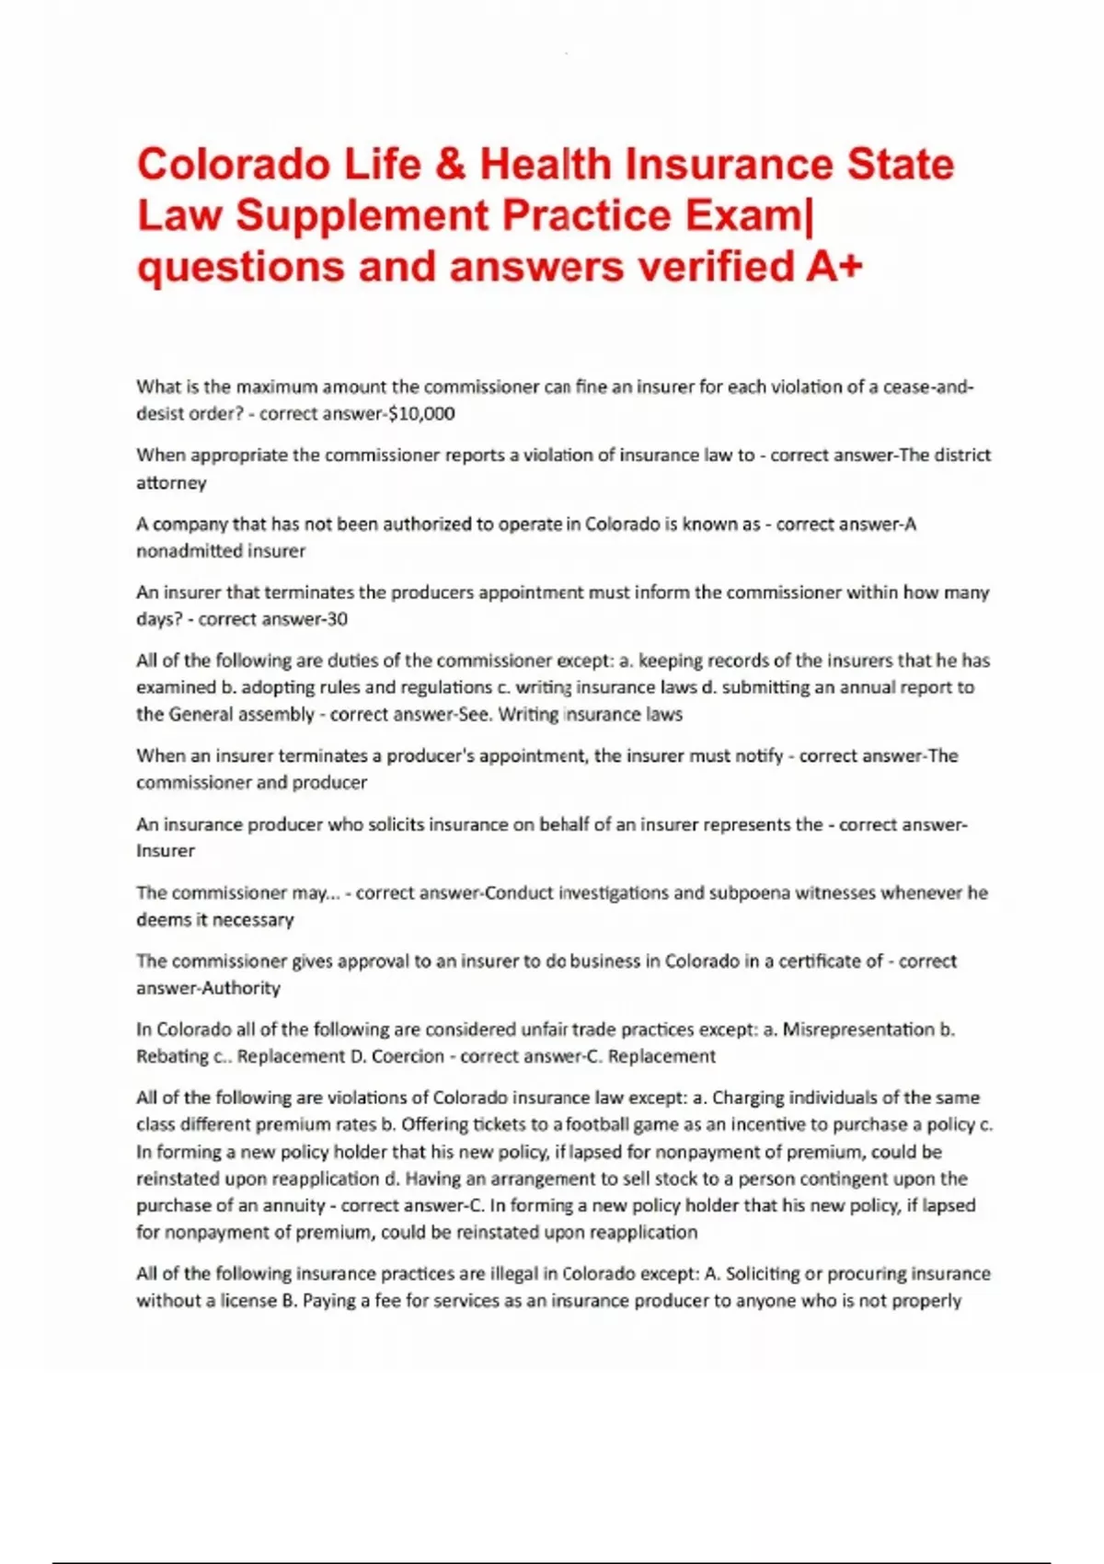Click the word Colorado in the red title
pyautogui.click(x=234, y=165)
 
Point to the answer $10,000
pyautogui.click(x=422, y=414)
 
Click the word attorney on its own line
pyautogui.click(x=171, y=483)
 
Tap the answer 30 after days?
pyautogui.click(x=337, y=619)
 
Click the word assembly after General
pyautogui.click(x=275, y=715)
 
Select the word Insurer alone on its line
pyautogui.click(x=166, y=851)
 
